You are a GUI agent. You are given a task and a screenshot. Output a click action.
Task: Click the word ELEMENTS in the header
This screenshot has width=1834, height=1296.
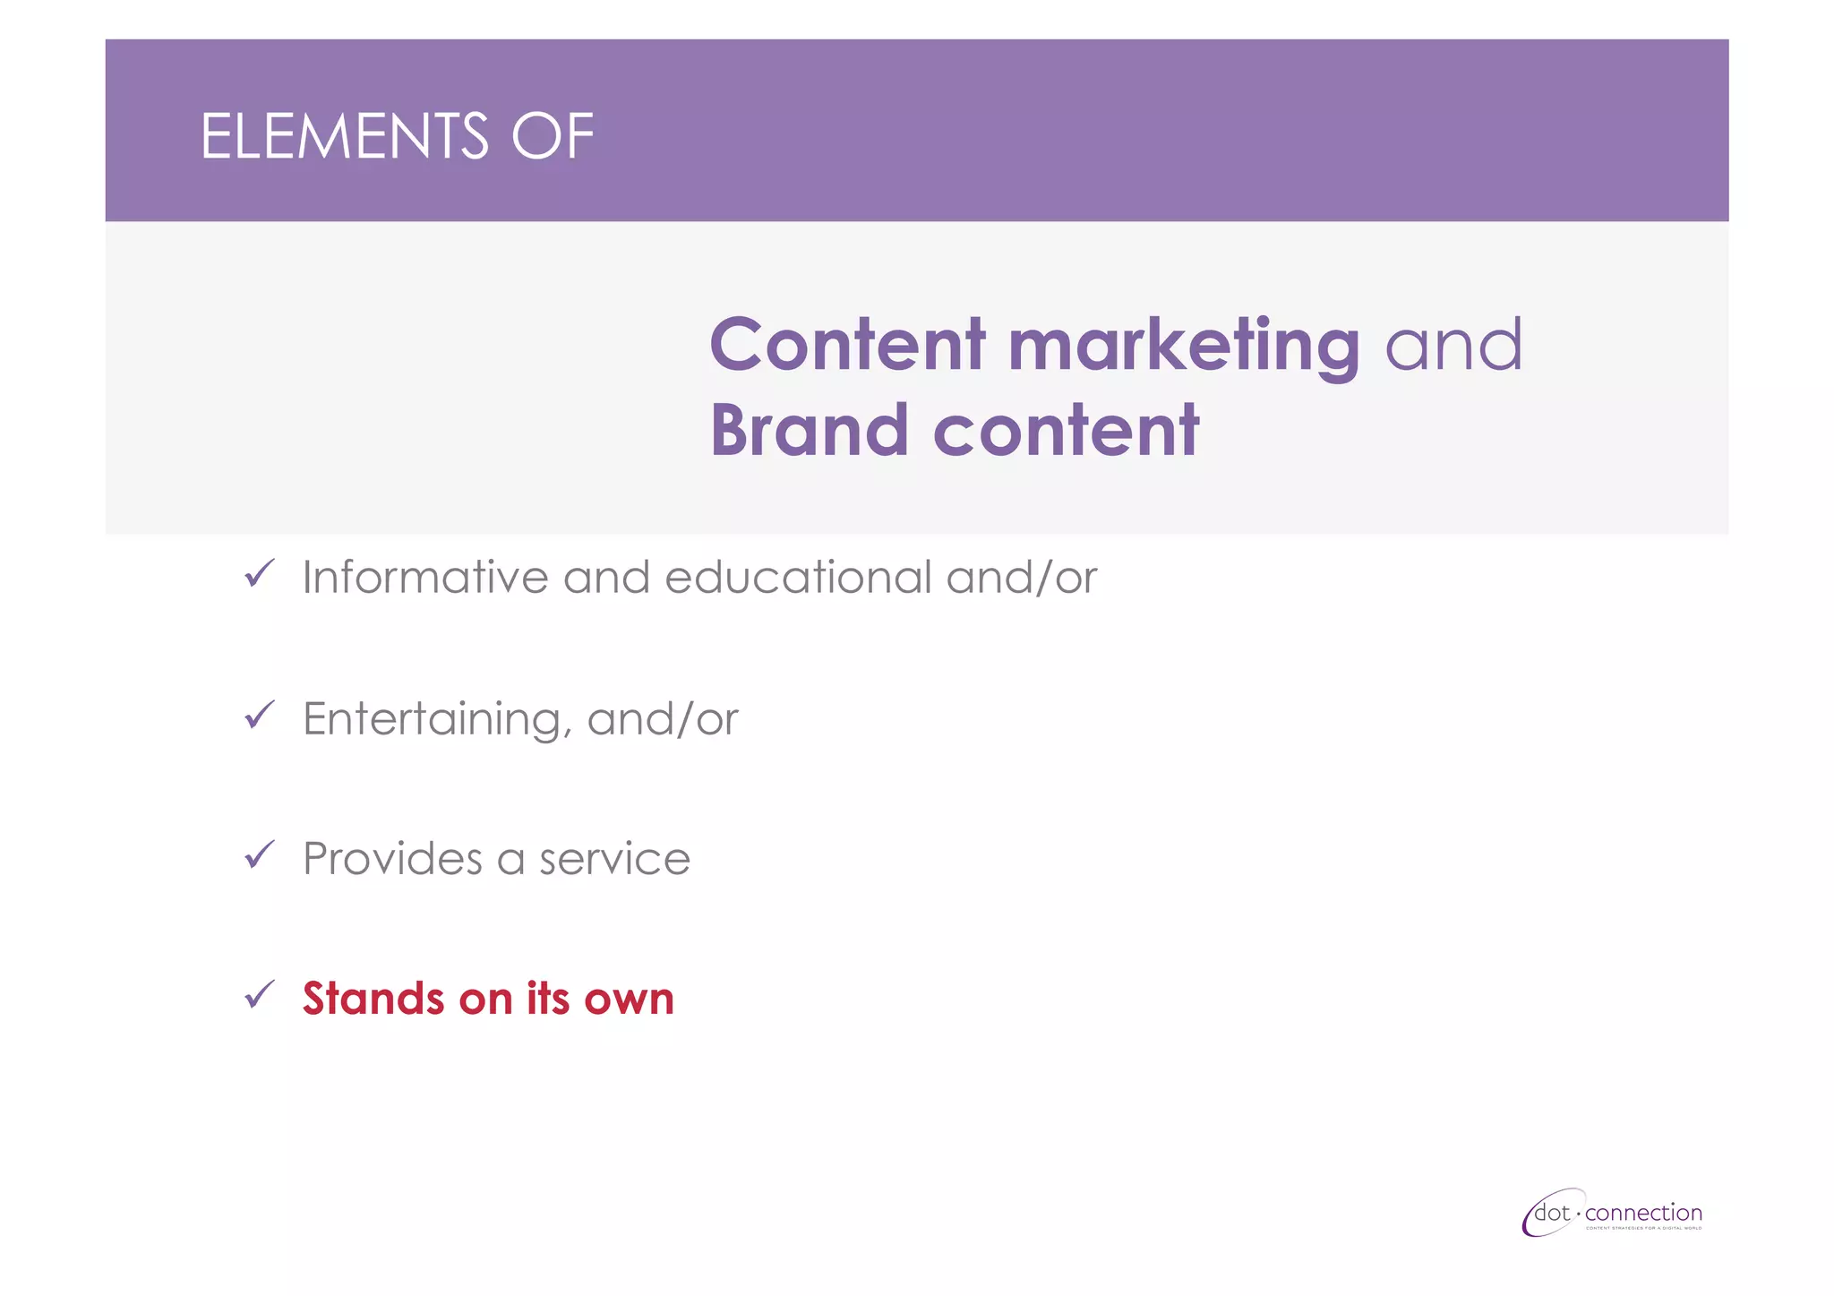click(x=344, y=137)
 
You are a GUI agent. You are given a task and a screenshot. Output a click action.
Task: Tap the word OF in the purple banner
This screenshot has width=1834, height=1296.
click(x=552, y=137)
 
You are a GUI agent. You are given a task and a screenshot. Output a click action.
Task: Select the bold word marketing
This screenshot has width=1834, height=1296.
click(x=1183, y=346)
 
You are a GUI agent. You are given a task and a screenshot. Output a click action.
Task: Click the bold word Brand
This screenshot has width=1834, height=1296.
click(x=809, y=431)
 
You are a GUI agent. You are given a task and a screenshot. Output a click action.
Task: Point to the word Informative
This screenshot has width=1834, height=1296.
click(x=424, y=578)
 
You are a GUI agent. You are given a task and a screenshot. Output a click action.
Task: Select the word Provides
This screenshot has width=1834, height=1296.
click(x=392, y=859)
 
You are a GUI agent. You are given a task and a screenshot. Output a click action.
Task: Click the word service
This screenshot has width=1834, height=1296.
click(x=614, y=859)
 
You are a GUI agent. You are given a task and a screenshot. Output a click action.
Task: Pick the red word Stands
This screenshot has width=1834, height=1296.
click(x=373, y=999)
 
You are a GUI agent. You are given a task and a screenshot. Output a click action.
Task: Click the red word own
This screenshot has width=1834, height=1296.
click(x=629, y=999)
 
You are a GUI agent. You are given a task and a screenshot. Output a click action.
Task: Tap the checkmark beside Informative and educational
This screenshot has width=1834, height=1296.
click(x=259, y=573)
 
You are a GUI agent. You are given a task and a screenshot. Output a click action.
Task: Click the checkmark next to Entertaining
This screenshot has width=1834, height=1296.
click(x=259, y=715)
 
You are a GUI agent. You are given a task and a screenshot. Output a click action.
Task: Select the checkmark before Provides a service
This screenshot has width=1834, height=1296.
click(x=259, y=855)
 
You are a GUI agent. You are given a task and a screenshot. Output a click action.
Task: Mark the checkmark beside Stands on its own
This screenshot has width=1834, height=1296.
click(x=259, y=995)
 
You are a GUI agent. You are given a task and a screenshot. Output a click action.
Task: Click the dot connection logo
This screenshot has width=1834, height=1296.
click(x=1612, y=1214)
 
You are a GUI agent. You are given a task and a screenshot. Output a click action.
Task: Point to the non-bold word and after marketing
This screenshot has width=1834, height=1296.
click(x=1453, y=346)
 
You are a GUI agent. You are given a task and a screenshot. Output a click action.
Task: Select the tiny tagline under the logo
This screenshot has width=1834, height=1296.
click(x=1643, y=1229)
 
